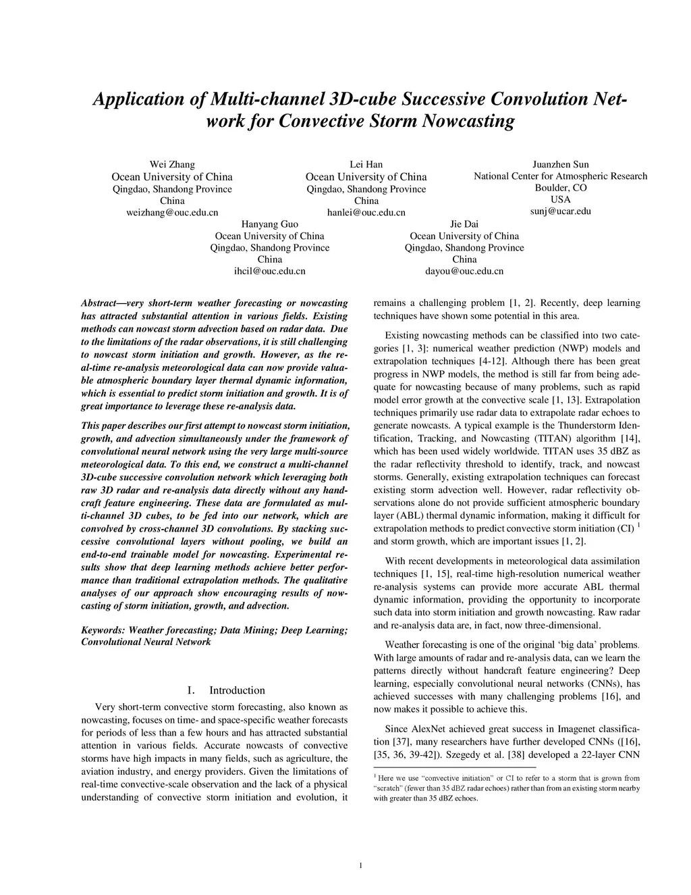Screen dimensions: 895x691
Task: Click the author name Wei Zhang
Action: pyautogui.click(x=172, y=164)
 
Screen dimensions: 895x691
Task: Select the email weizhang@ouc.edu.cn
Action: pyautogui.click(x=172, y=212)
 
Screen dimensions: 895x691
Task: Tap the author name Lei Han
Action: pyautogui.click(x=366, y=164)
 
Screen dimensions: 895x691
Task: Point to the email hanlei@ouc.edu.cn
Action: pyautogui.click(x=366, y=212)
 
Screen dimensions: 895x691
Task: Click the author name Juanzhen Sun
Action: pyautogui.click(x=560, y=164)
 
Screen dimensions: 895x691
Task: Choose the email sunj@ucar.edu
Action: pyautogui.click(x=560, y=211)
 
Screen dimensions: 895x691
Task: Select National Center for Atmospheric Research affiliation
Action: pyautogui.click(x=560, y=176)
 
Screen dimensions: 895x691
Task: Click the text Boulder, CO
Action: pyautogui.click(x=560, y=188)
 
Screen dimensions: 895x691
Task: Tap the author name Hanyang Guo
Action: pyautogui.click(x=269, y=224)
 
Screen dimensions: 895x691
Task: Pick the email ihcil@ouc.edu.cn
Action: pyautogui.click(x=269, y=271)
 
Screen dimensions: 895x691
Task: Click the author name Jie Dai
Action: pyautogui.click(x=464, y=224)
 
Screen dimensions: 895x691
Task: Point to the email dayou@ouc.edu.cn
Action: pyautogui.click(x=464, y=271)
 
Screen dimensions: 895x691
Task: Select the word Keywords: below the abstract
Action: pyautogui.click(x=103, y=630)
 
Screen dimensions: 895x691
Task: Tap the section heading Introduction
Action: pyautogui.click(x=237, y=690)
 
